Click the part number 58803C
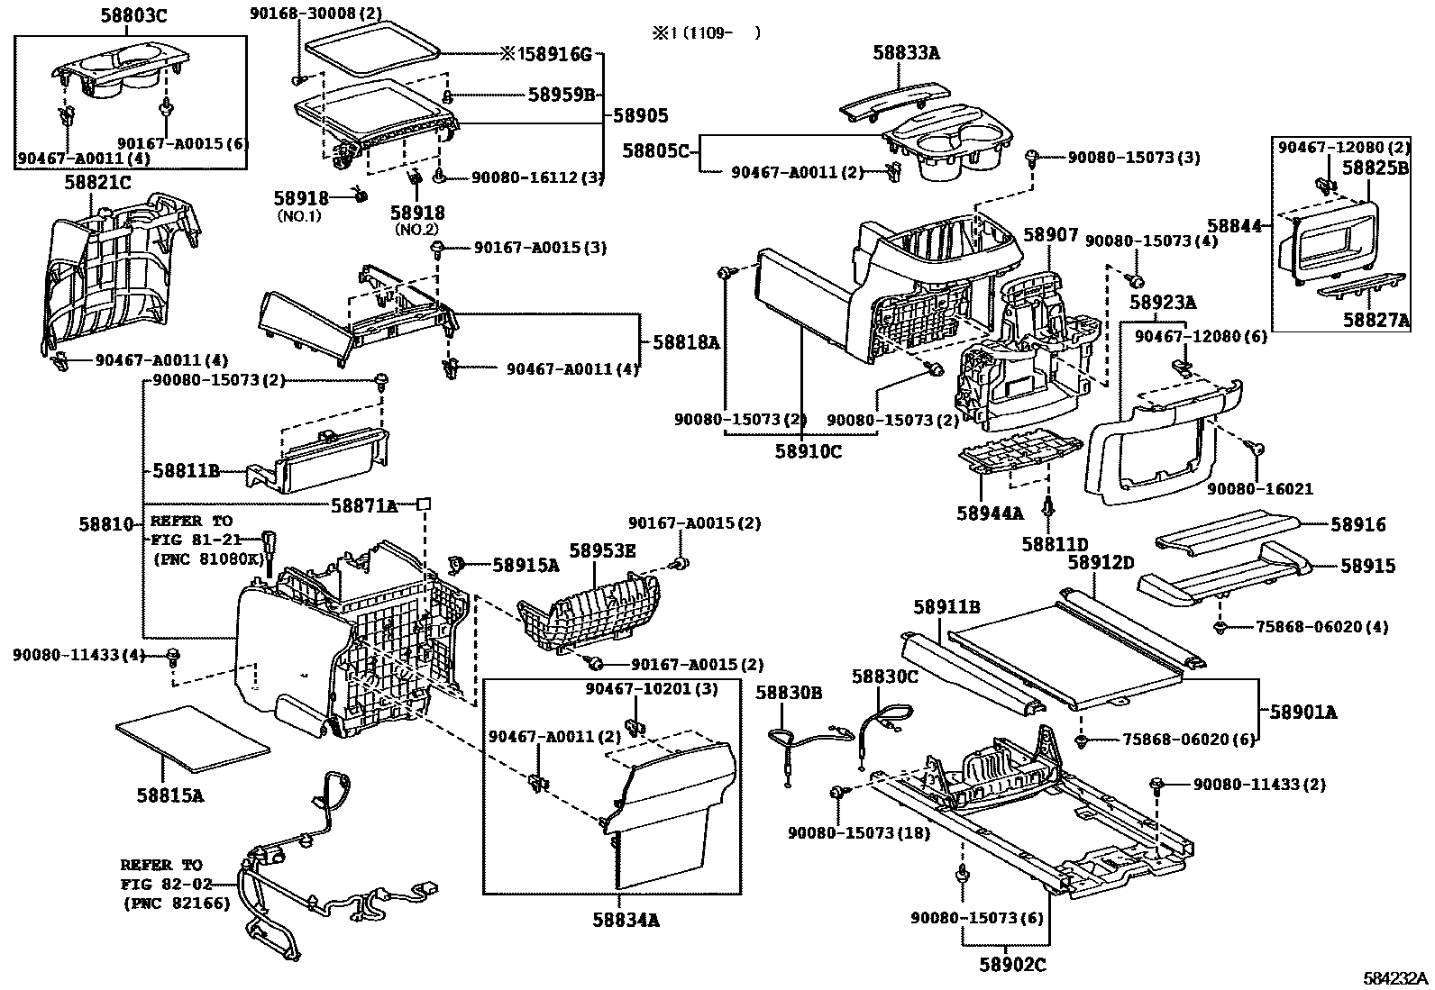(x=134, y=15)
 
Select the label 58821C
(x=97, y=183)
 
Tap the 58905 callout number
(x=641, y=115)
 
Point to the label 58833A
(x=907, y=52)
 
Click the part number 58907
(x=1051, y=234)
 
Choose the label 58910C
(x=809, y=451)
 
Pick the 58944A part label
(x=990, y=513)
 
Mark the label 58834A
(x=626, y=920)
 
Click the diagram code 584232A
(x=1395, y=977)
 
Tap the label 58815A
(x=169, y=795)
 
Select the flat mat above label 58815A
(x=193, y=739)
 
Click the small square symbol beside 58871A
(x=424, y=504)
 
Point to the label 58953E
(x=603, y=550)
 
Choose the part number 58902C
(x=1013, y=965)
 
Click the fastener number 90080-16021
(x=1260, y=489)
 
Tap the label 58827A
(x=1376, y=320)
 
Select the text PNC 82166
(x=176, y=904)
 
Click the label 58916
(x=1358, y=524)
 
